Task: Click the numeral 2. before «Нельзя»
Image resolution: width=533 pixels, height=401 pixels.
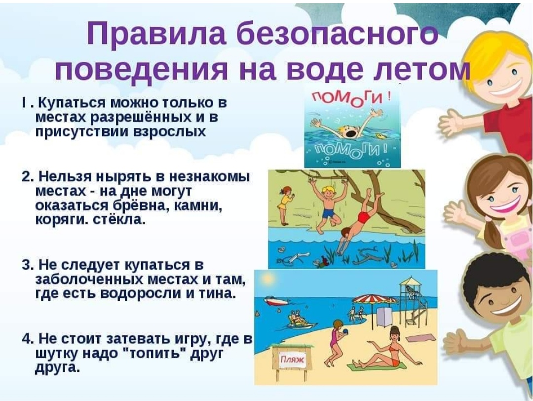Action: click(28, 177)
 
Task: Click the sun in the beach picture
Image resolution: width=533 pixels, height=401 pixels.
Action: click(268, 280)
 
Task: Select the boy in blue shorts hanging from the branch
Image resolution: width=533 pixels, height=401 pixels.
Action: click(328, 206)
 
